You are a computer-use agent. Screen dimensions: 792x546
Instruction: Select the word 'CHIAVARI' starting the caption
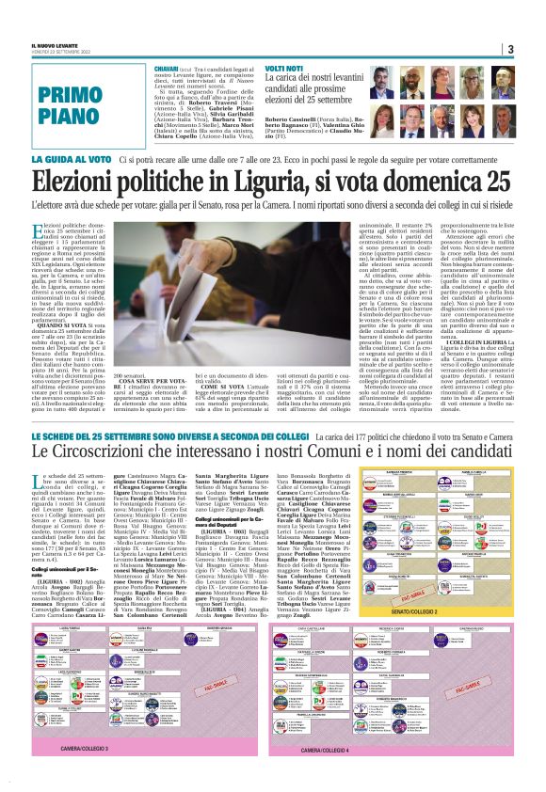(167, 69)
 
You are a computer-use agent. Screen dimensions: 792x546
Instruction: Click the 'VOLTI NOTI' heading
(284, 69)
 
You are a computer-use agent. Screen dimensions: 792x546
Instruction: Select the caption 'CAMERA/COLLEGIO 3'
(96, 774)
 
